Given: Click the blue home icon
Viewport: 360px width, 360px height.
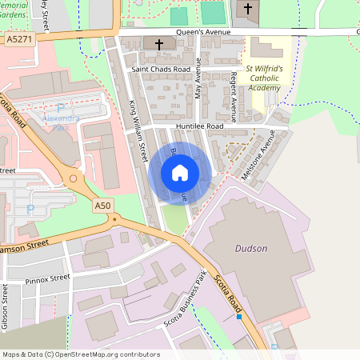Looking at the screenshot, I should click(180, 173).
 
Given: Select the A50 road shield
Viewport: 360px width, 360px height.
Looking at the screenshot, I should click(102, 206).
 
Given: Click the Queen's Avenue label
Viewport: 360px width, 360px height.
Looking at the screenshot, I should click(203, 32).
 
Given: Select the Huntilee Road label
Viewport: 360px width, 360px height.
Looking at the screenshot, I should click(200, 126).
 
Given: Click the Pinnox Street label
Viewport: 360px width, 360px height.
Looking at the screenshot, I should click(47, 279).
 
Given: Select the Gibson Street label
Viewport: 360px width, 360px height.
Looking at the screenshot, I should click(6, 309).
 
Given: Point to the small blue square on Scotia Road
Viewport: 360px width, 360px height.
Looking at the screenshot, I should click(238, 318).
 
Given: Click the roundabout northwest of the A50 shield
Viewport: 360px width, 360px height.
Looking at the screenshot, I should click(74, 179).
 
